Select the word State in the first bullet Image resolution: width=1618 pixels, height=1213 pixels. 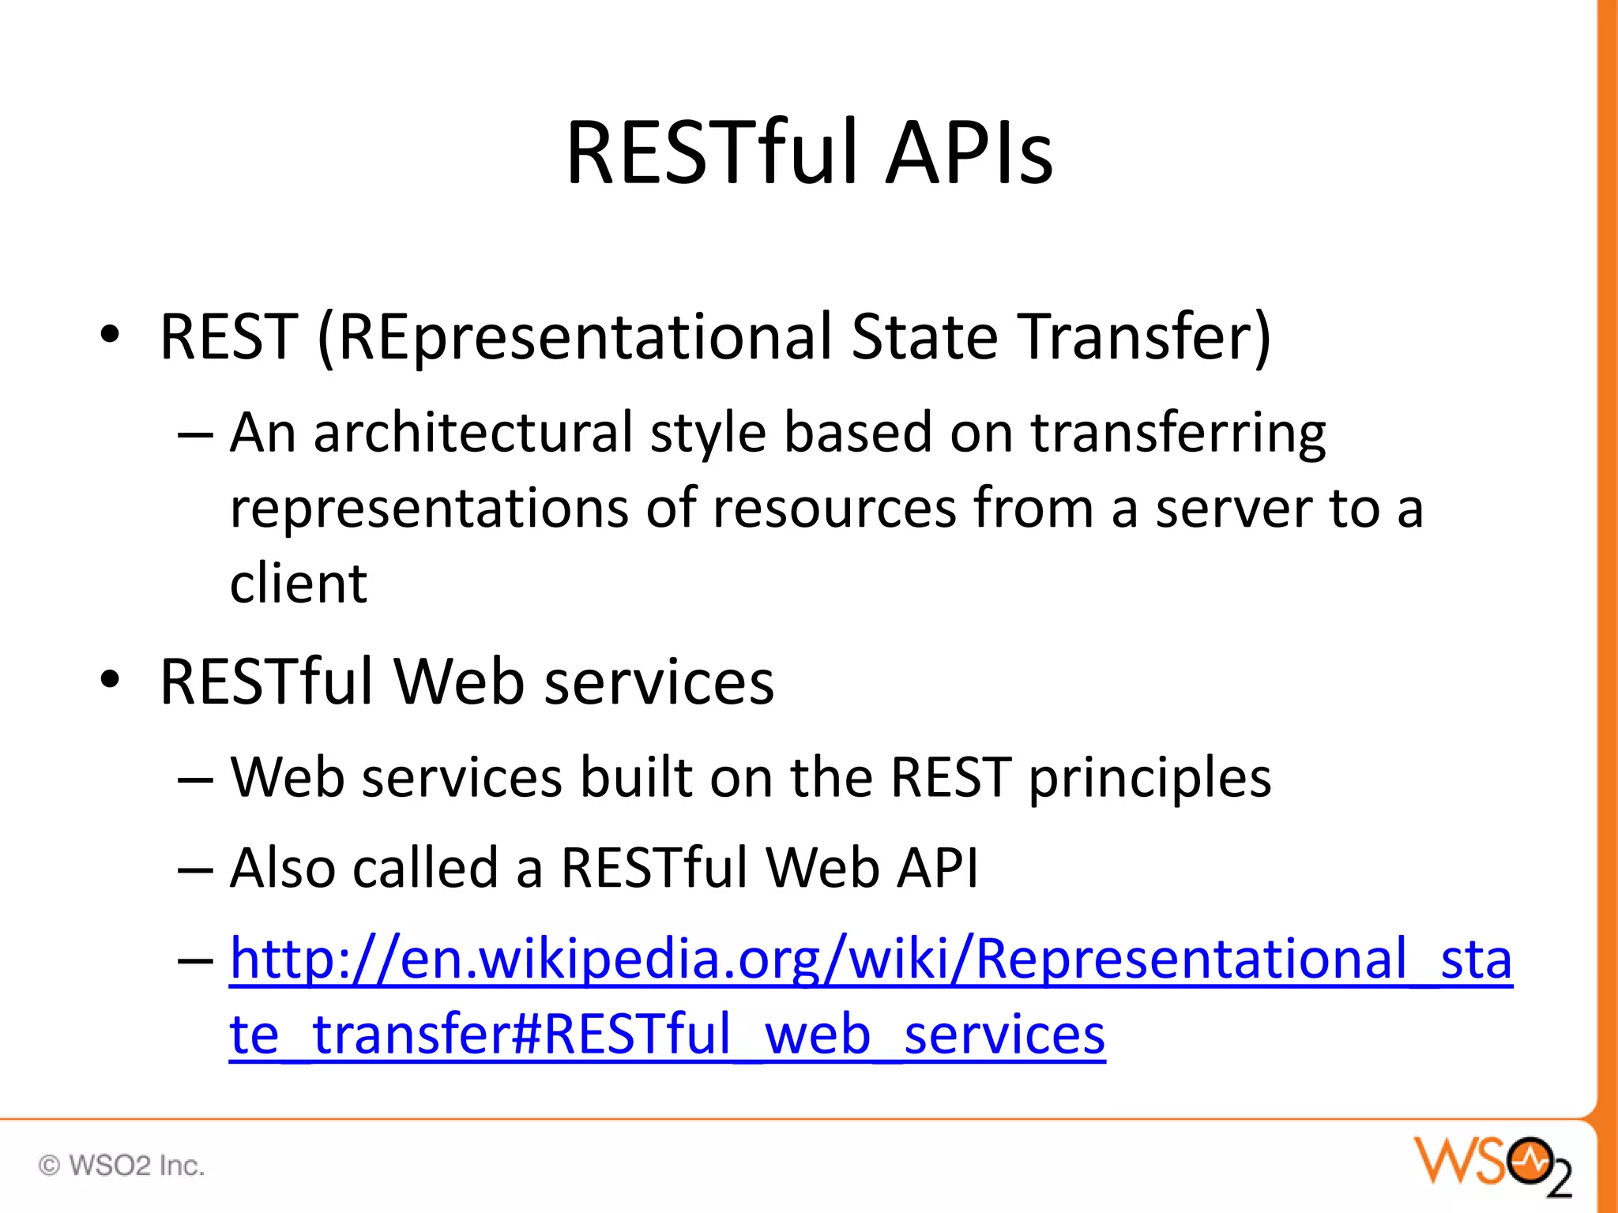(925, 337)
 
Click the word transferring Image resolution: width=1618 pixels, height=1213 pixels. (1178, 434)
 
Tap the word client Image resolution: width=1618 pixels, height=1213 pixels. (298, 584)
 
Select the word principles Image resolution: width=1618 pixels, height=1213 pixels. (1150, 779)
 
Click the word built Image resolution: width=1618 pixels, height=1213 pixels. (636, 779)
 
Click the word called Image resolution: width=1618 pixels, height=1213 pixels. (425, 869)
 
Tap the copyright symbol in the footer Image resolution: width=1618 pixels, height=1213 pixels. (49, 1166)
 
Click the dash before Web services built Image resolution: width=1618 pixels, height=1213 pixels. (195, 780)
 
